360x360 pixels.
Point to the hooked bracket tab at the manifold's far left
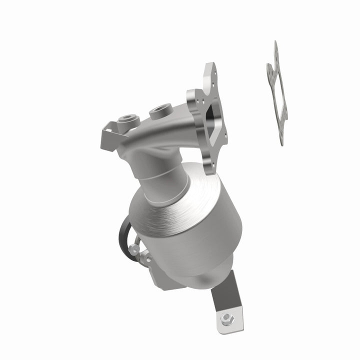click(x=106, y=133)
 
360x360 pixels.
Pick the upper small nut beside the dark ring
click(x=133, y=248)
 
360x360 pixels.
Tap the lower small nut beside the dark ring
click(x=145, y=258)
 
